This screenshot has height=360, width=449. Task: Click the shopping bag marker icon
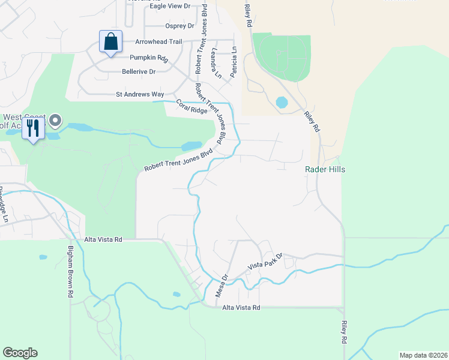(110, 42)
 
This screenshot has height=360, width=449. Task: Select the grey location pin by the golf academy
(55, 121)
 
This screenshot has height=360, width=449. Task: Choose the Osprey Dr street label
(179, 26)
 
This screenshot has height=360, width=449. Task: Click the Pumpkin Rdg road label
(149, 58)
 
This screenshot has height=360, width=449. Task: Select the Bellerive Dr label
(139, 71)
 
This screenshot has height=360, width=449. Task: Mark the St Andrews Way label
(140, 95)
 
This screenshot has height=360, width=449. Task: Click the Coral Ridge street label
(191, 107)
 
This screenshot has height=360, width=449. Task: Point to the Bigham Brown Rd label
(70, 272)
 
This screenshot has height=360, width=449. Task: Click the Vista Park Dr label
(265, 265)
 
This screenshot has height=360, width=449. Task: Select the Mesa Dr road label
(222, 286)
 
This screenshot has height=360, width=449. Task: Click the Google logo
(20, 353)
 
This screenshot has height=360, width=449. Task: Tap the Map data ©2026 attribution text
(423, 355)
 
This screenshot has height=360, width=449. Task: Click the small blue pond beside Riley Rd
(282, 103)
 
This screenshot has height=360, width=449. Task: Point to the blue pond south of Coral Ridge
(191, 146)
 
